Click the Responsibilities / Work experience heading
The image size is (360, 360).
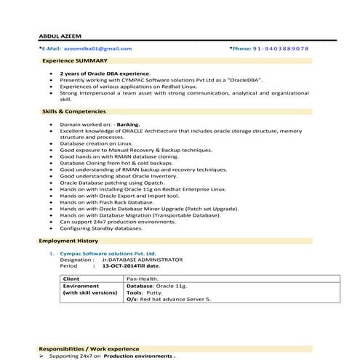[89, 348]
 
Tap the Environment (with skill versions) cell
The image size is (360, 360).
[89, 289]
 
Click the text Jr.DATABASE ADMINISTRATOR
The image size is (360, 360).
[143, 259]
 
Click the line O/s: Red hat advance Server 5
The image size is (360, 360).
[168, 298]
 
